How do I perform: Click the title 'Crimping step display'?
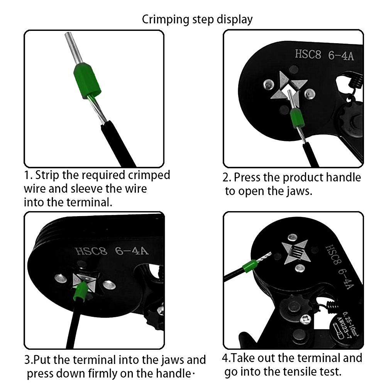click(x=197, y=20)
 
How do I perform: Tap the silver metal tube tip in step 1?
click(x=74, y=48)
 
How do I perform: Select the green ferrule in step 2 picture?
click(x=297, y=119)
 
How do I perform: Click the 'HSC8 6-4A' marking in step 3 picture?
click(x=112, y=251)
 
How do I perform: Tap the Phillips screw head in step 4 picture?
click(x=305, y=320)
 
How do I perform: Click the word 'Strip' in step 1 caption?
click(x=47, y=175)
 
